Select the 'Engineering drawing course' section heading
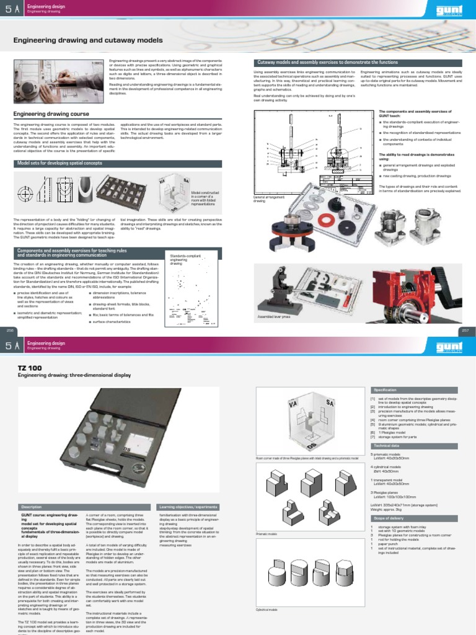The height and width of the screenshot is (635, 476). tap(51, 114)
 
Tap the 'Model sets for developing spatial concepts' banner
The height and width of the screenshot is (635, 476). tap(62, 162)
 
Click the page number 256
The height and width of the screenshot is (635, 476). tap(9, 331)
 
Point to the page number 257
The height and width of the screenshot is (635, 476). tap(466, 331)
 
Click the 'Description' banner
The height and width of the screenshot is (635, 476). tap(31, 507)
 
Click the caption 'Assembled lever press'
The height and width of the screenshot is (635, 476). tap(273, 317)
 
